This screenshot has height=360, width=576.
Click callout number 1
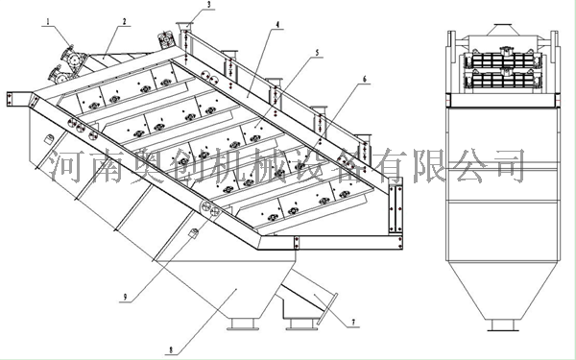(x=47, y=22)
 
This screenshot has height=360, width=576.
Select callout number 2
(x=124, y=22)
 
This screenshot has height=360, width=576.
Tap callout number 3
(x=209, y=5)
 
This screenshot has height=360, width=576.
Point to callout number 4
(x=277, y=25)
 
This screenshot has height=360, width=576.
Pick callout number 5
(x=318, y=53)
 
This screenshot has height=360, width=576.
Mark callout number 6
(x=365, y=80)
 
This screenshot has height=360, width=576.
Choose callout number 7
(x=353, y=323)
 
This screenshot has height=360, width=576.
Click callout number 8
(x=171, y=350)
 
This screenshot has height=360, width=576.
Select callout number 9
(x=125, y=297)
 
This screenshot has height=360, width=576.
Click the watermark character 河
(x=66, y=166)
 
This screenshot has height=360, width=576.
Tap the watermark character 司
(x=509, y=166)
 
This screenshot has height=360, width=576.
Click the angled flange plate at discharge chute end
(x=326, y=308)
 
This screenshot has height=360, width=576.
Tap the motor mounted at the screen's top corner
(x=166, y=39)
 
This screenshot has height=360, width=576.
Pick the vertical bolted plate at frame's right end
(x=396, y=208)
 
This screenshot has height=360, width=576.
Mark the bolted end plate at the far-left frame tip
(x=10, y=99)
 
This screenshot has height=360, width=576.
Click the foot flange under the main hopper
(x=241, y=324)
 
